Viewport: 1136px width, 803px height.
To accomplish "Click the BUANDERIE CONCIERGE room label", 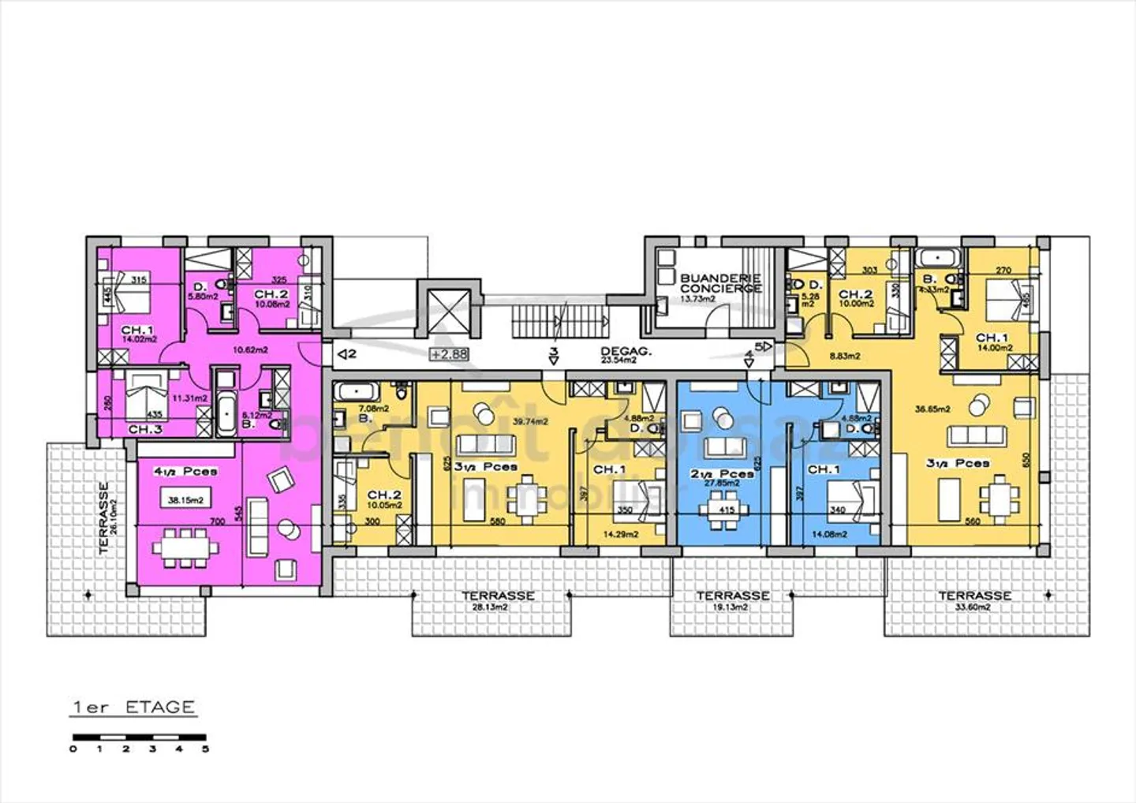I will coord(720,283).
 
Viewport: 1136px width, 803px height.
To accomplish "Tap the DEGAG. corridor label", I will coord(626,352).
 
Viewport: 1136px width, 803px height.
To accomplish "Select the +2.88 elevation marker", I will coord(450,354).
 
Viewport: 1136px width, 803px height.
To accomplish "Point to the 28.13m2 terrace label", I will coord(488,607).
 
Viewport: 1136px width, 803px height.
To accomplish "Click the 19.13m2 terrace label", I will coord(732,607).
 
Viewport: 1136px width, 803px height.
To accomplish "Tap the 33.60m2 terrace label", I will coord(974,607).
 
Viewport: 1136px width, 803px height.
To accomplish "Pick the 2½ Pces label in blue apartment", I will coord(720,474).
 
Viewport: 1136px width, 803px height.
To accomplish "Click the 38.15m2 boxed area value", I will coord(185,499).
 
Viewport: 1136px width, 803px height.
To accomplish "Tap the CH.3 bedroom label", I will coord(145,429).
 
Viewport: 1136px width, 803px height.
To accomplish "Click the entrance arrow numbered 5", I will coord(763,345).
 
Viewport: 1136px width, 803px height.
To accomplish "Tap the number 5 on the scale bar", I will coord(206,749).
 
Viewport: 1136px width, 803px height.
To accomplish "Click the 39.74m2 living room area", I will coord(531,422).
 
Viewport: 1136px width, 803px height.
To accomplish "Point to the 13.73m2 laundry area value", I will coord(697,299).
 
